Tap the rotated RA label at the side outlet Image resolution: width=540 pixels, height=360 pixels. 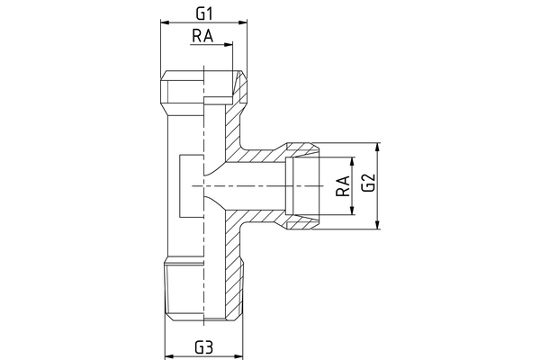pyautogui.click(x=341, y=186)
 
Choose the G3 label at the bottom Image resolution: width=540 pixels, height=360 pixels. pyautogui.click(x=203, y=347)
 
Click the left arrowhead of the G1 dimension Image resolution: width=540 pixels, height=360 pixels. pyautogui.click(x=164, y=23)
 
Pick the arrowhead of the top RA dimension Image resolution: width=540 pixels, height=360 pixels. pyautogui.click(x=229, y=44)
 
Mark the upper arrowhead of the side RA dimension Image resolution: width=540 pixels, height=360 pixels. pyautogui.click(x=352, y=160)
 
